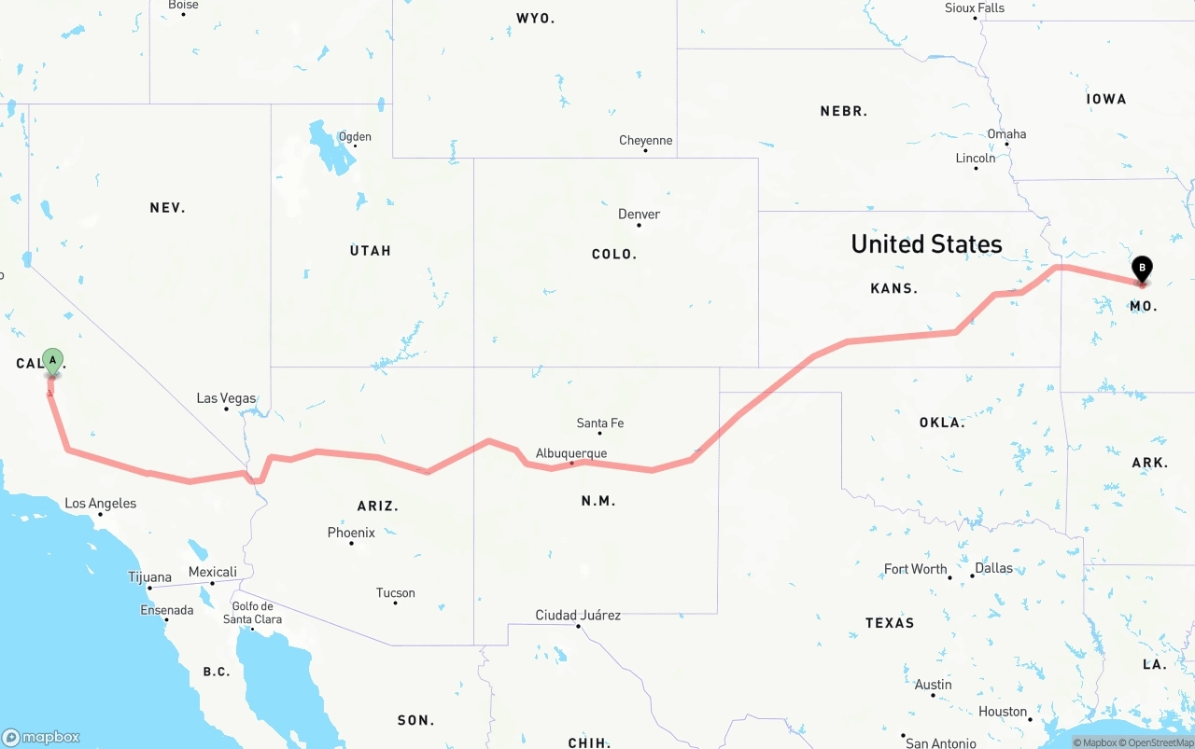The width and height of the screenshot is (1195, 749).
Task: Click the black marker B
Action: [x=1141, y=269]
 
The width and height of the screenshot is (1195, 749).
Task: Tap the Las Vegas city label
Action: [x=226, y=398]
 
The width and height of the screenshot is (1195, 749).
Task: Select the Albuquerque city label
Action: [x=571, y=453]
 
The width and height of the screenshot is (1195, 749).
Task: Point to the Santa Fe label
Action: [x=599, y=423]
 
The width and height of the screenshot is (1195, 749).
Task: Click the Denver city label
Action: [x=639, y=215]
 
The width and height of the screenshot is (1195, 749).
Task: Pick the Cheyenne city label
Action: [x=645, y=141]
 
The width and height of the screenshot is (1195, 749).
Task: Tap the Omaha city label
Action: [x=1006, y=134]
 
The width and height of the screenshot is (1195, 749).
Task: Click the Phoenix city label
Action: [x=351, y=533]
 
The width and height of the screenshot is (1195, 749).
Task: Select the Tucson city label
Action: [x=395, y=593]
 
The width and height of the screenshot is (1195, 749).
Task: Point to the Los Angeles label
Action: [x=100, y=504]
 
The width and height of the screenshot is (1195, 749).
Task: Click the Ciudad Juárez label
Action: [x=578, y=616]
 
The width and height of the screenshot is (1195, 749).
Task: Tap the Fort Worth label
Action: [x=915, y=569]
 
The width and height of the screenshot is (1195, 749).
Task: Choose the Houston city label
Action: [x=1003, y=712]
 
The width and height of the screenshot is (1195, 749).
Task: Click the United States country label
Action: [x=926, y=244]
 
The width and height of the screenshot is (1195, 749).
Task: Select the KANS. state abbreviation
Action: [x=893, y=289]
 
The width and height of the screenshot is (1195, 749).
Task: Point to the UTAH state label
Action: [x=371, y=251]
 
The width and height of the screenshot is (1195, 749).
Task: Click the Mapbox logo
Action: [x=41, y=737]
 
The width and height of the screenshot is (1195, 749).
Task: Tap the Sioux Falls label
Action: [x=975, y=8]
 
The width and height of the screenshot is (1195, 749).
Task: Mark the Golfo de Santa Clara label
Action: [x=252, y=613]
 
